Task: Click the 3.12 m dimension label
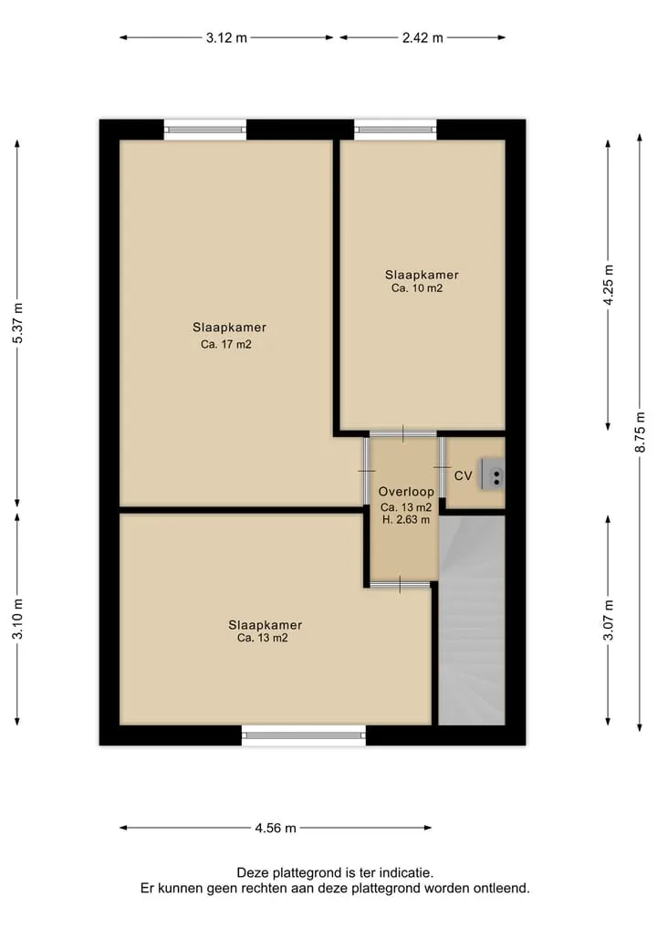coord(226,38)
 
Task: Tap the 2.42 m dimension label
coord(422,38)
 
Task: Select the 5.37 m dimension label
coord(18,322)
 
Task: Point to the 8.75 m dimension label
coord(641,432)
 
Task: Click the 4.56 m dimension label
coord(276,828)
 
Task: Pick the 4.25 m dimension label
coord(609,285)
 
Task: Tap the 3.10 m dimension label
coord(18,619)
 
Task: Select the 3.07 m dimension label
coord(609,620)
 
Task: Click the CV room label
coord(463,475)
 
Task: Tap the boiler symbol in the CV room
coord(493,474)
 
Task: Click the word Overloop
coord(406,492)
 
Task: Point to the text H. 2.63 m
coord(406,519)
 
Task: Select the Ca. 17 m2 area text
coord(226,344)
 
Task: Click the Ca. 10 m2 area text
coord(417,289)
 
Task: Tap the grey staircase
coord(472,620)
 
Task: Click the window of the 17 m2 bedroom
coord(204,129)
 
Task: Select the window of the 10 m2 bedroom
coord(395,129)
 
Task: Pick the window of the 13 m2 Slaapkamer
coord(304,735)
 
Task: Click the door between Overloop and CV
coord(442,467)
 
